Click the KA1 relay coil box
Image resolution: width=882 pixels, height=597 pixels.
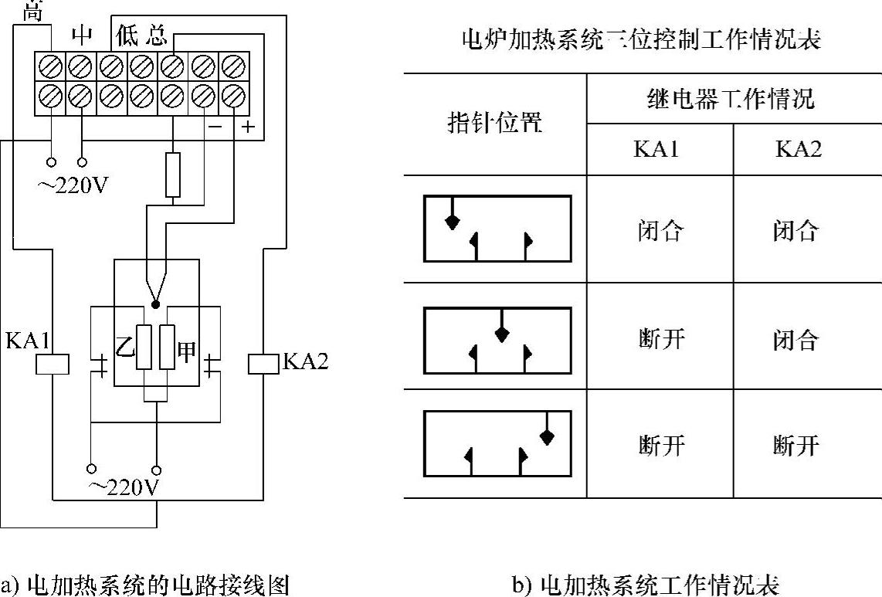(x=52, y=364)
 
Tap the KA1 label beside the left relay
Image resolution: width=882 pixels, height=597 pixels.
(x=26, y=340)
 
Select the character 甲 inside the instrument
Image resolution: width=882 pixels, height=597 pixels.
(x=187, y=348)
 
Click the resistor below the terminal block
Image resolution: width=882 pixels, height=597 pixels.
(x=173, y=175)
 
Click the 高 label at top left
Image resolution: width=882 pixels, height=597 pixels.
(x=32, y=10)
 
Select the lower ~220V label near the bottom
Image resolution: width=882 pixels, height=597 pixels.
(x=124, y=488)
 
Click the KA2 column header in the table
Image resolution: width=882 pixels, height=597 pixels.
(x=799, y=149)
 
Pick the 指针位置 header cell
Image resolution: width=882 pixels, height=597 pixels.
(x=495, y=124)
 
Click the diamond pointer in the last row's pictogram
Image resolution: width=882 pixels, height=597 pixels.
(x=547, y=437)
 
